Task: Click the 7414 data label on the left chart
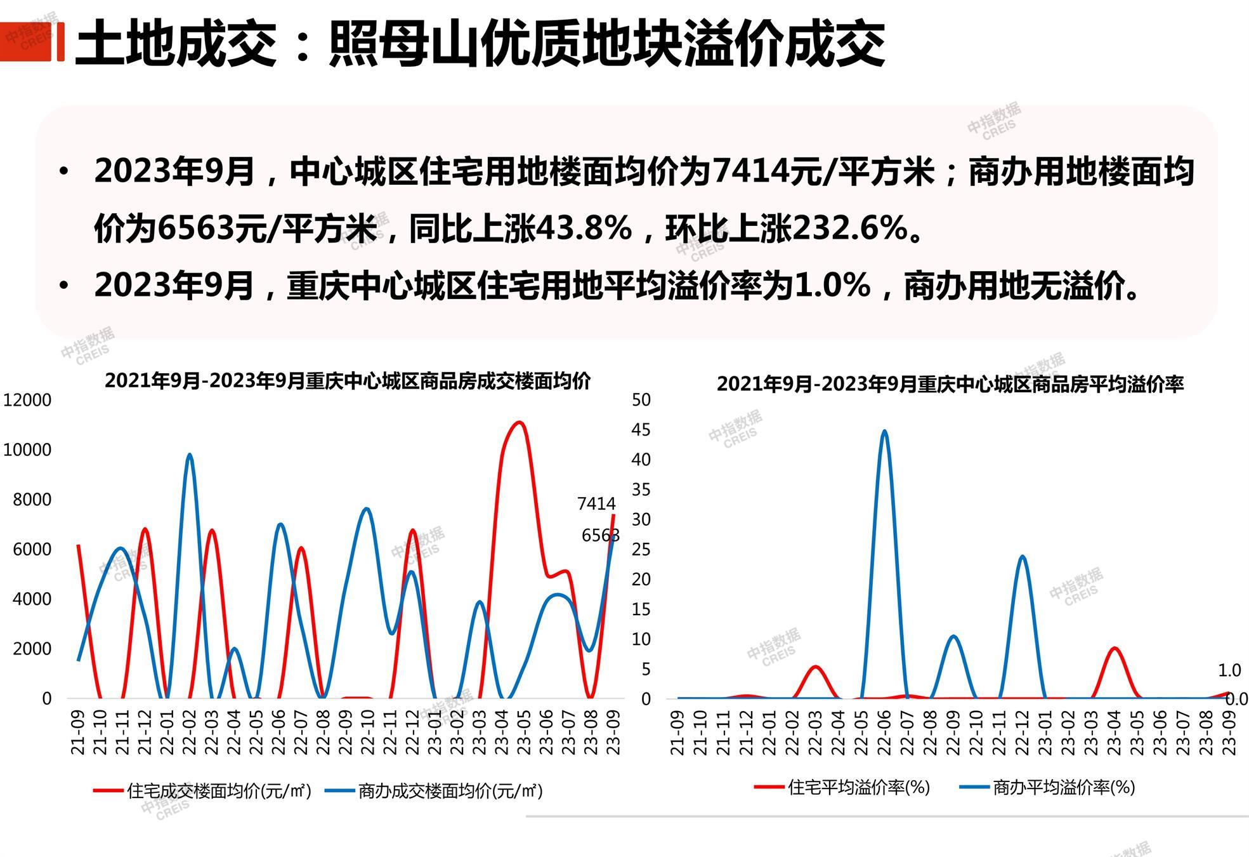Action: (596, 504)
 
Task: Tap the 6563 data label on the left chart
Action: (600, 536)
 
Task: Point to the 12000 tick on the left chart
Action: (27, 400)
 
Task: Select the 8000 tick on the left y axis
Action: (32, 500)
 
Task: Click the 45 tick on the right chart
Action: (641, 430)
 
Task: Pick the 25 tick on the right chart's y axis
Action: (641, 549)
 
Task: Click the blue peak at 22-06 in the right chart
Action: (884, 432)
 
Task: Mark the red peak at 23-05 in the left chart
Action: (520, 422)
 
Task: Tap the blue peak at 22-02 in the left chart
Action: (189, 455)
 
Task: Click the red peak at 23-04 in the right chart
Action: (1114, 649)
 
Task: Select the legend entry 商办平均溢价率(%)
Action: (1063, 788)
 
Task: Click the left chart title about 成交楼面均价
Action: (348, 381)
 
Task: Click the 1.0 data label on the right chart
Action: (1229, 670)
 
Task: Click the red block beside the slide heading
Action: (32, 42)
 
